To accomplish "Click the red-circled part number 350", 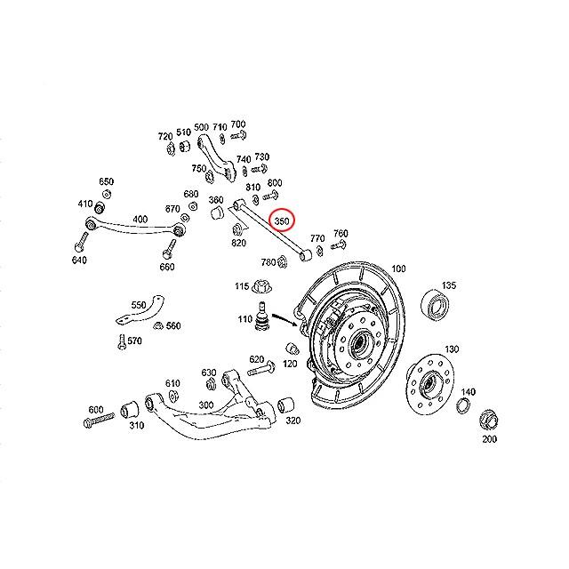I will (282, 220).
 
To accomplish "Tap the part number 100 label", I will (397, 268).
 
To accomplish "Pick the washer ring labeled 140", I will (463, 406).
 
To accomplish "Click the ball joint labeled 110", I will (263, 318).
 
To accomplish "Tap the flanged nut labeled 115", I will (261, 287).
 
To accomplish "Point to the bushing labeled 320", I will (287, 404).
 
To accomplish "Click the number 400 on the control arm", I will (140, 219).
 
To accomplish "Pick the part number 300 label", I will (207, 405).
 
